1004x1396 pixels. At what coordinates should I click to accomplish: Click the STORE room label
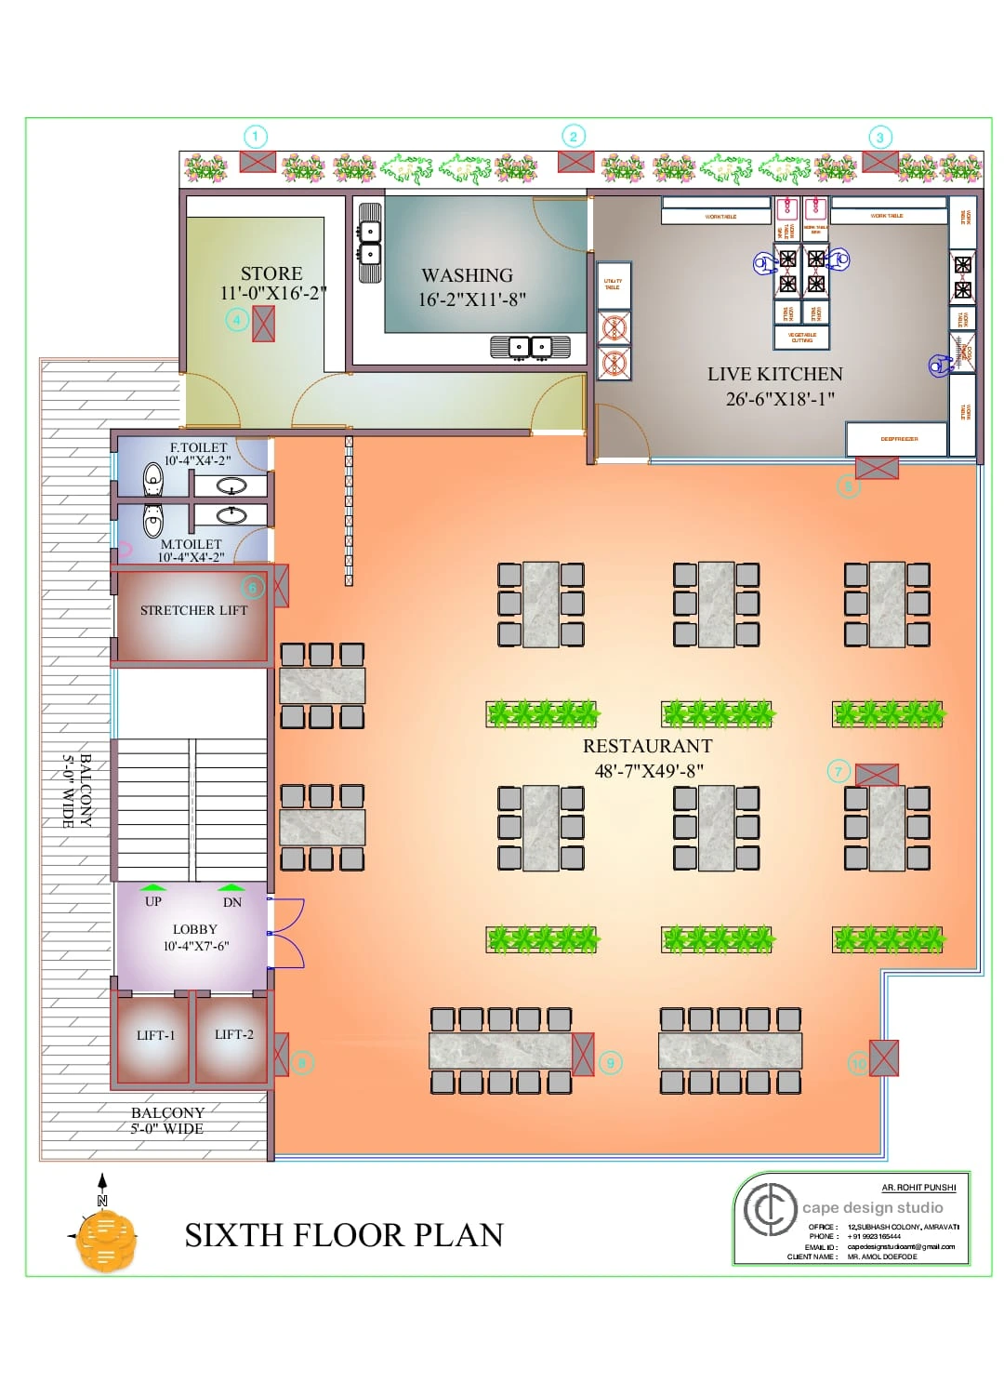tap(271, 274)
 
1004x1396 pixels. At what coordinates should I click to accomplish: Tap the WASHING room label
tap(467, 276)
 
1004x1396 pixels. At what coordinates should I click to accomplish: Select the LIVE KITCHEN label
tap(774, 375)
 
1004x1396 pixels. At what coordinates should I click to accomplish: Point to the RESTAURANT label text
tap(647, 747)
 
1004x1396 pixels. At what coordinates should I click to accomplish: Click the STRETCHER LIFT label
tap(193, 611)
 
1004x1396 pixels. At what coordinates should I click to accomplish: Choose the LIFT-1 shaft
tap(155, 1036)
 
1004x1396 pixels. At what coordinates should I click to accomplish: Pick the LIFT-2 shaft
tap(233, 1035)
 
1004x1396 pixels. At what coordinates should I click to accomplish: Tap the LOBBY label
tap(195, 930)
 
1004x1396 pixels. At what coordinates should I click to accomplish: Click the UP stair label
tap(153, 901)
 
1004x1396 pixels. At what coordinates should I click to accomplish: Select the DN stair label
tap(231, 902)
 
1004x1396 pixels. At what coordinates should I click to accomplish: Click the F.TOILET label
tap(198, 448)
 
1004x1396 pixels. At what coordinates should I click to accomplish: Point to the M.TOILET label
tap(192, 545)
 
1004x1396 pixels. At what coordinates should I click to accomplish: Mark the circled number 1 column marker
tap(256, 138)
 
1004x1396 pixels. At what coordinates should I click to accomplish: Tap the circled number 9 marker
tap(611, 1063)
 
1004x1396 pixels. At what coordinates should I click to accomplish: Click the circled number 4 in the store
tap(237, 321)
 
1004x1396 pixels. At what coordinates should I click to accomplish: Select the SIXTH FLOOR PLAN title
tap(344, 1235)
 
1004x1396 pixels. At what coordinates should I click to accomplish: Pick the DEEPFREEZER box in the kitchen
tap(898, 439)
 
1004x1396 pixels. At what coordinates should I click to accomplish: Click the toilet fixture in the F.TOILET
tap(153, 480)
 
